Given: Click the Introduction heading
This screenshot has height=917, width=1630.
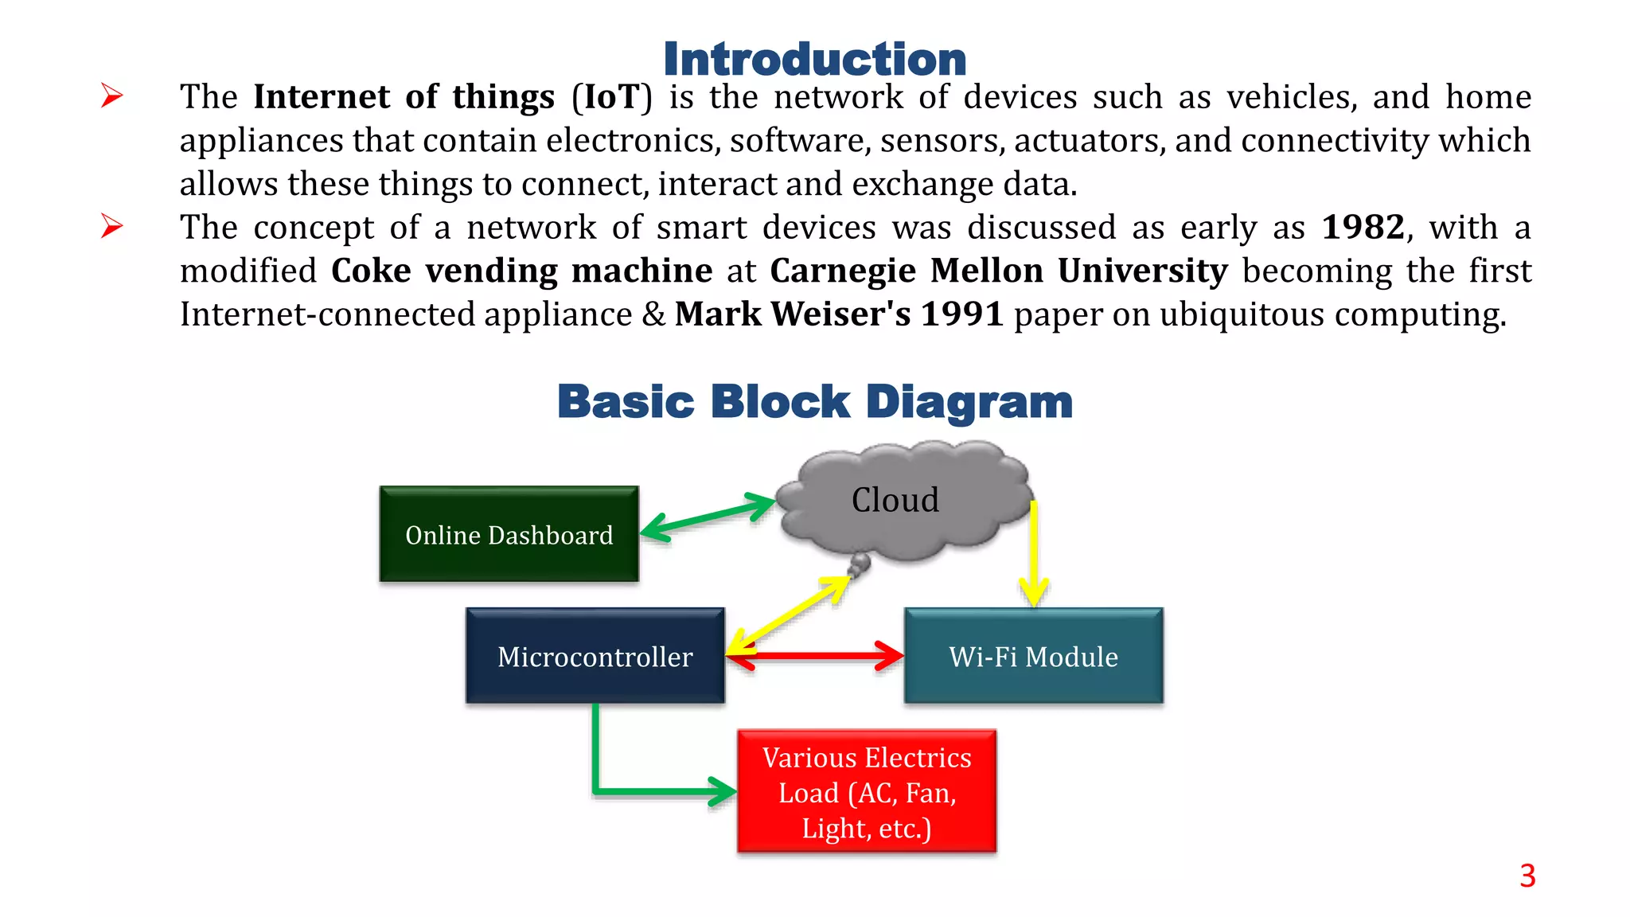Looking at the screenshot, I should coord(814,60).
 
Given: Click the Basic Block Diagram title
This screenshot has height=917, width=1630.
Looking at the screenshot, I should coord(814,401).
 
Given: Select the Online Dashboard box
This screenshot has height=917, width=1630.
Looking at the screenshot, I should coord(509,534).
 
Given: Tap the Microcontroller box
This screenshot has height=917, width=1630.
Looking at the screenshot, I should coord(595,656).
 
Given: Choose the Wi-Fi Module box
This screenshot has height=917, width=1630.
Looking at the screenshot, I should coord(1033,656).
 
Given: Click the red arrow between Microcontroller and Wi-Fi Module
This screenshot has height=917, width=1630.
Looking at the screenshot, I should coord(816,657).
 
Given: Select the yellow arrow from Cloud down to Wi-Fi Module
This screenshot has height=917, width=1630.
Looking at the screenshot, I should coord(1033,557).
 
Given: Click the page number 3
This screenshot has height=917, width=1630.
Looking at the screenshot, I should coord(1527,876).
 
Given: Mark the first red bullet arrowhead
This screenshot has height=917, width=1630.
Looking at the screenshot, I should coord(112,96).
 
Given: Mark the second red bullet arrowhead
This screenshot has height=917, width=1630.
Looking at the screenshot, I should coord(112,227).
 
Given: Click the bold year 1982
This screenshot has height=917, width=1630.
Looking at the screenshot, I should coord(1363,228).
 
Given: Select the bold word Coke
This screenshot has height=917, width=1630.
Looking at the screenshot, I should coord(370,271).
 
